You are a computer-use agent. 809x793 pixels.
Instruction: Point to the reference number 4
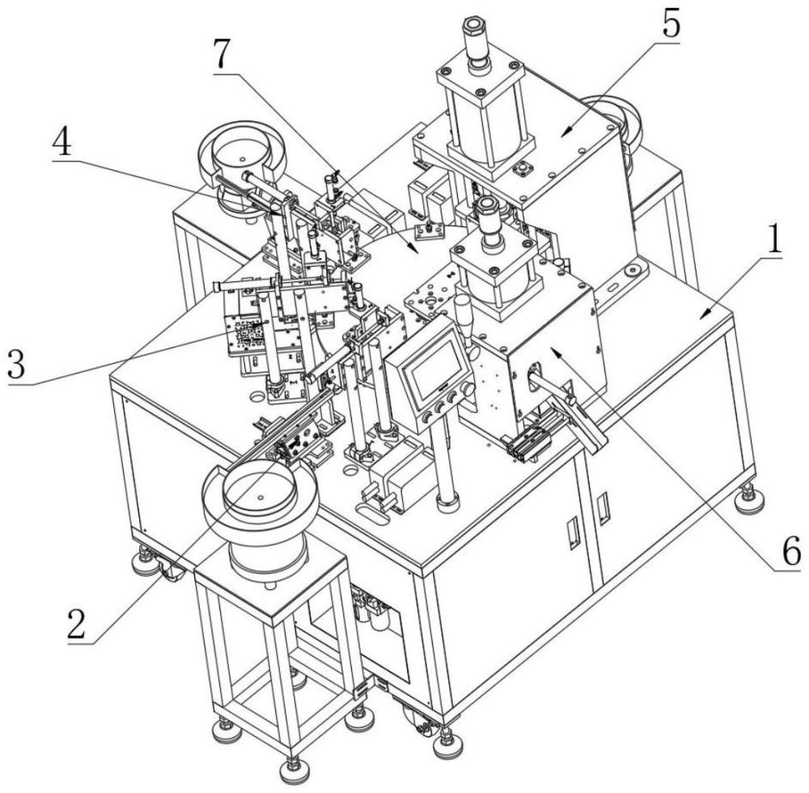63,139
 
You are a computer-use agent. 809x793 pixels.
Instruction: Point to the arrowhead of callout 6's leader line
557,351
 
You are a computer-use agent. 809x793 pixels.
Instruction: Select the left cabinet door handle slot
570,534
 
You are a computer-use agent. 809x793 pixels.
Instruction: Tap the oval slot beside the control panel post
372,510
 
